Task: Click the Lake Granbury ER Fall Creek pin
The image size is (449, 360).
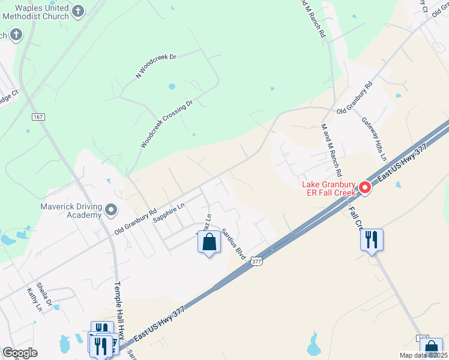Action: click(365, 189)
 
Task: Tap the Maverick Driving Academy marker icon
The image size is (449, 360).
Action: click(110, 210)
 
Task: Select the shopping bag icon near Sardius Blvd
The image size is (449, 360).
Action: click(209, 243)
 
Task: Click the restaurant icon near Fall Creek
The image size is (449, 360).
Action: click(372, 240)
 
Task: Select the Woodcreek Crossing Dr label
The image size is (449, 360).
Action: click(166, 124)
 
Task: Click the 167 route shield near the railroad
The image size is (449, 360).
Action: click(39, 115)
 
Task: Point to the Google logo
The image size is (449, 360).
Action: click(20, 353)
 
